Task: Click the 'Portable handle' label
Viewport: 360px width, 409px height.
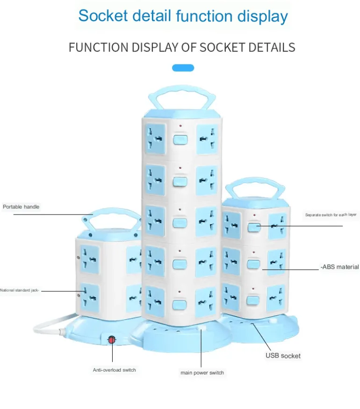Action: pos(21,207)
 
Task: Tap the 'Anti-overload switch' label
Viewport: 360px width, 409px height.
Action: pos(114,370)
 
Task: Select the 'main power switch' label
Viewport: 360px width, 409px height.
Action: pos(202,373)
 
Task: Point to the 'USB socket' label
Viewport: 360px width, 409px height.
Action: pos(283,356)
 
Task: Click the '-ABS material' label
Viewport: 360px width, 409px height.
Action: pos(340,267)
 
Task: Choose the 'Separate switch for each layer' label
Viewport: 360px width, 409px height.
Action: pos(331,215)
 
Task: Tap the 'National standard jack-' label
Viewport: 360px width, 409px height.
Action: pos(20,290)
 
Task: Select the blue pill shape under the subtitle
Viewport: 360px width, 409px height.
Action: pos(183,68)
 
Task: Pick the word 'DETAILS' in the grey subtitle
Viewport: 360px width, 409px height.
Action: pos(271,47)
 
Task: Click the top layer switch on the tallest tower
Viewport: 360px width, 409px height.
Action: pos(179,139)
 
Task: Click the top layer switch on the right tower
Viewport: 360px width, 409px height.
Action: pos(254,228)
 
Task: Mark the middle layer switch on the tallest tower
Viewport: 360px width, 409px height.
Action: pos(179,222)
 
